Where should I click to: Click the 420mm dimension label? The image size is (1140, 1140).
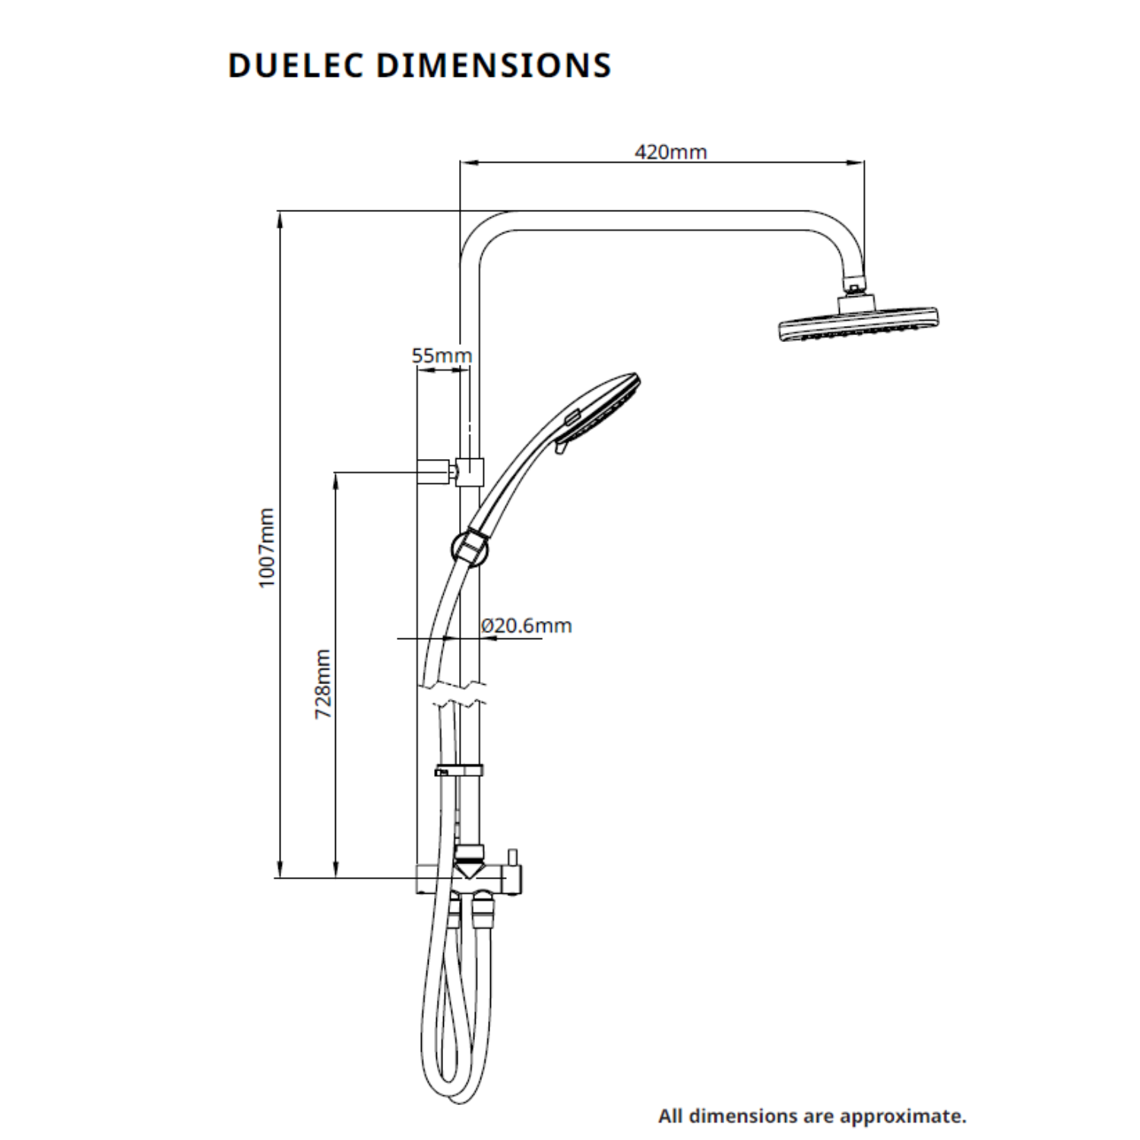click(670, 152)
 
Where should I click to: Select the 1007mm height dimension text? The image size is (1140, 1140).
click(265, 547)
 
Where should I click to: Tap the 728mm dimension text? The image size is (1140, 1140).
click(323, 684)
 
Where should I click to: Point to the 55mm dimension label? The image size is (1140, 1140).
click(442, 355)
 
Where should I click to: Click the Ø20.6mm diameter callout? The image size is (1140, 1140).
click(526, 625)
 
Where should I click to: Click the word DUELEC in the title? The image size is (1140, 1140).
click(296, 65)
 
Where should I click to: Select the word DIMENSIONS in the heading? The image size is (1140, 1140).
click(494, 65)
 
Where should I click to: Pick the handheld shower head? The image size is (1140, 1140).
click(600, 410)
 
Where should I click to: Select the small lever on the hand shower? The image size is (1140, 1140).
click(561, 450)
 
